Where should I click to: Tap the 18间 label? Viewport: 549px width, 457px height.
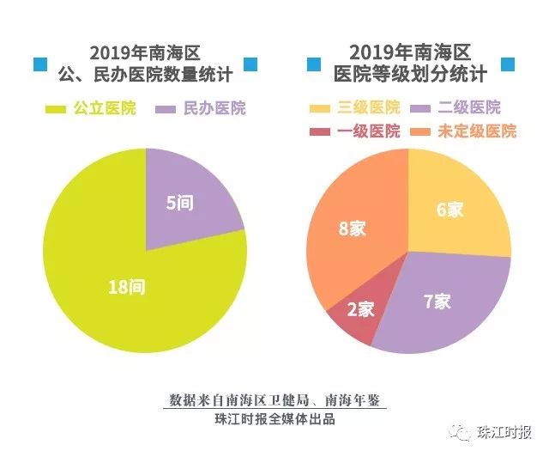tap(127, 287)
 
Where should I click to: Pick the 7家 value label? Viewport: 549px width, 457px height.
tap(437, 302)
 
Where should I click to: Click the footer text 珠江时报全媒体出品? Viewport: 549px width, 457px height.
tap(274, 419)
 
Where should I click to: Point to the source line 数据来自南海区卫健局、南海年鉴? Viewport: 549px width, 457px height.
tap(274, 401)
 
